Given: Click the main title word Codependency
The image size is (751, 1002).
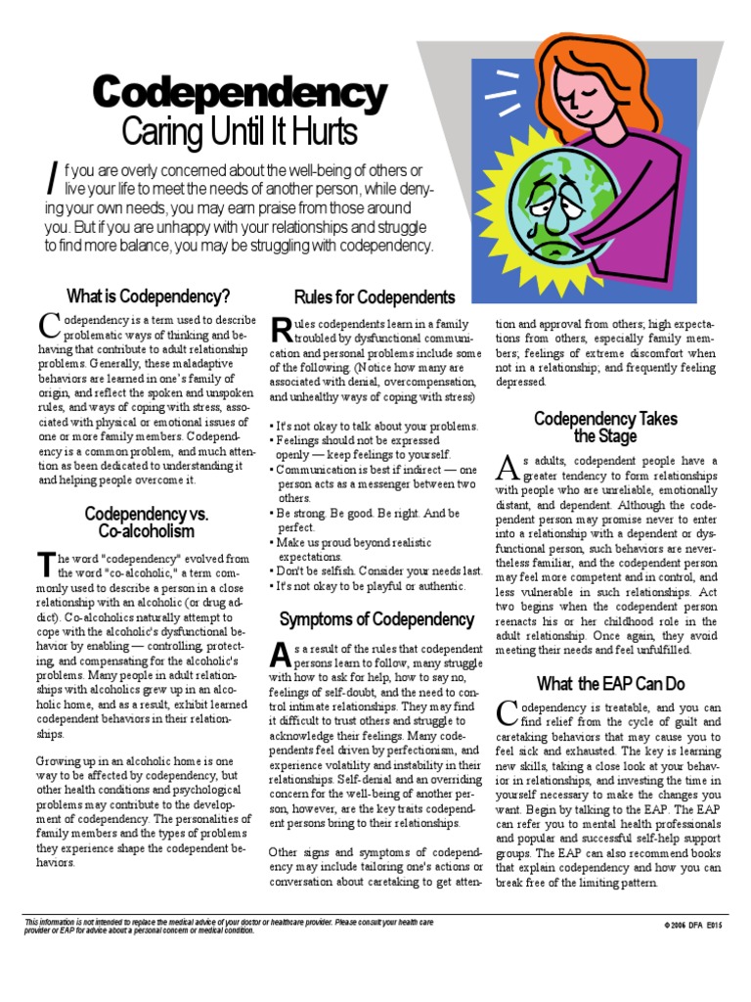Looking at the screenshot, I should (240, 94).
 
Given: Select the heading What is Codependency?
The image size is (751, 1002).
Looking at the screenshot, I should (148, 296).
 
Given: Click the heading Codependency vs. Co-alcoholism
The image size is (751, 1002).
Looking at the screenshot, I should (147, 523).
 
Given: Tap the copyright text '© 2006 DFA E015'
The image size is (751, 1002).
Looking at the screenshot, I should (696, 925).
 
